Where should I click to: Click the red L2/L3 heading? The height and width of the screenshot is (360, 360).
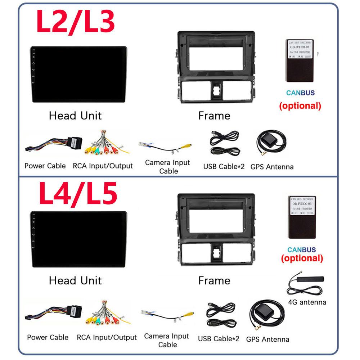[76, 22]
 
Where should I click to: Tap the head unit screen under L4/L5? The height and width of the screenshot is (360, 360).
[78, 239]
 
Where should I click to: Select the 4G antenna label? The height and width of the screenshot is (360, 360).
[307, 302]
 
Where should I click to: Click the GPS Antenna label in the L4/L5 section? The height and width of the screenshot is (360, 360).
[267, 339]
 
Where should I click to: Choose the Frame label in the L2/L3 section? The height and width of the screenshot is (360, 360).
[214, 116]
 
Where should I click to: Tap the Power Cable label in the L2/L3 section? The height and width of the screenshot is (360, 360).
[45, 166]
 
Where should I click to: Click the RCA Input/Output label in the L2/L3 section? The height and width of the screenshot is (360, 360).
[103, 166]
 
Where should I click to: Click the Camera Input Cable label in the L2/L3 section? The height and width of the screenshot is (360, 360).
[167, 167]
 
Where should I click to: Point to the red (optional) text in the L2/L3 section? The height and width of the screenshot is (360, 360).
[300, 106]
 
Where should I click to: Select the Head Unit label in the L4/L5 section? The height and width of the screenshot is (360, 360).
[75, 280]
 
